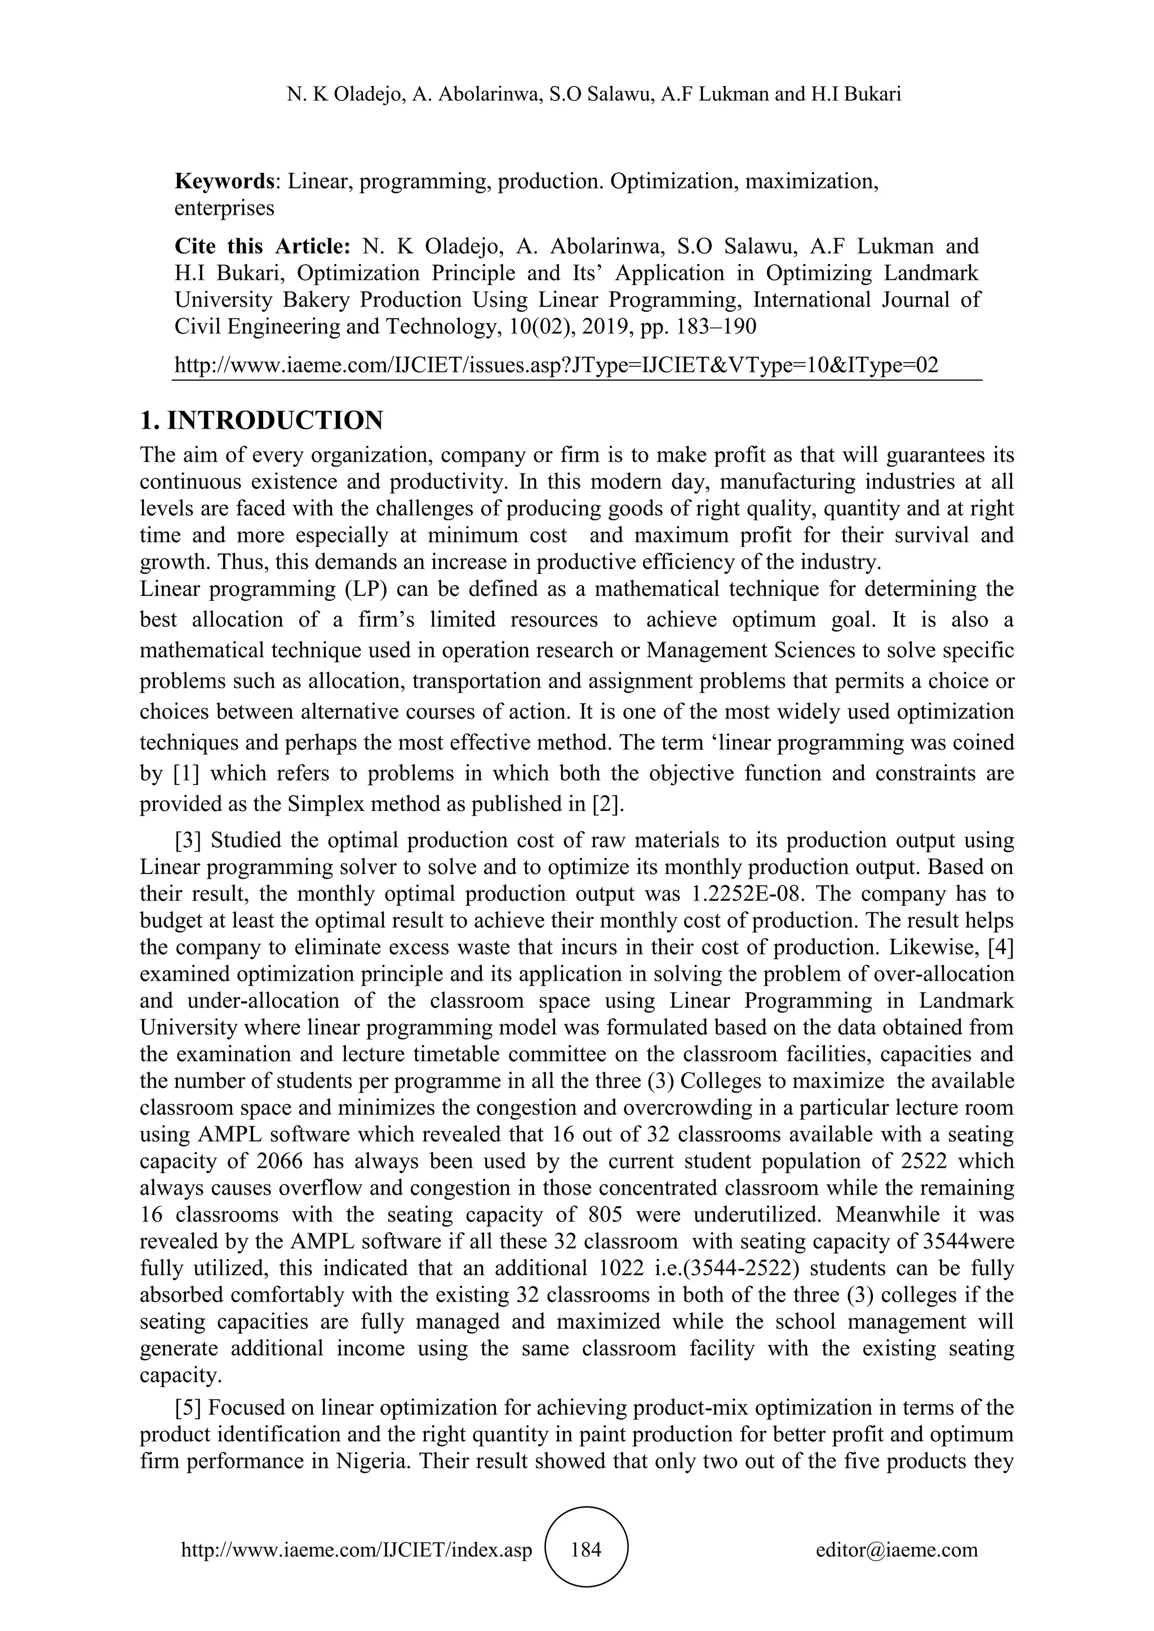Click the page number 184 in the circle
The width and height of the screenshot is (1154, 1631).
pyautogui.click(x=586, y=1549)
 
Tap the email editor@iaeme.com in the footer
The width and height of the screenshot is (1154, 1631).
pyautogui.click(x=896, y=1549)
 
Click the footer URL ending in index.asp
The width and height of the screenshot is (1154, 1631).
pyautogui.click(x=357, y=1549)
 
